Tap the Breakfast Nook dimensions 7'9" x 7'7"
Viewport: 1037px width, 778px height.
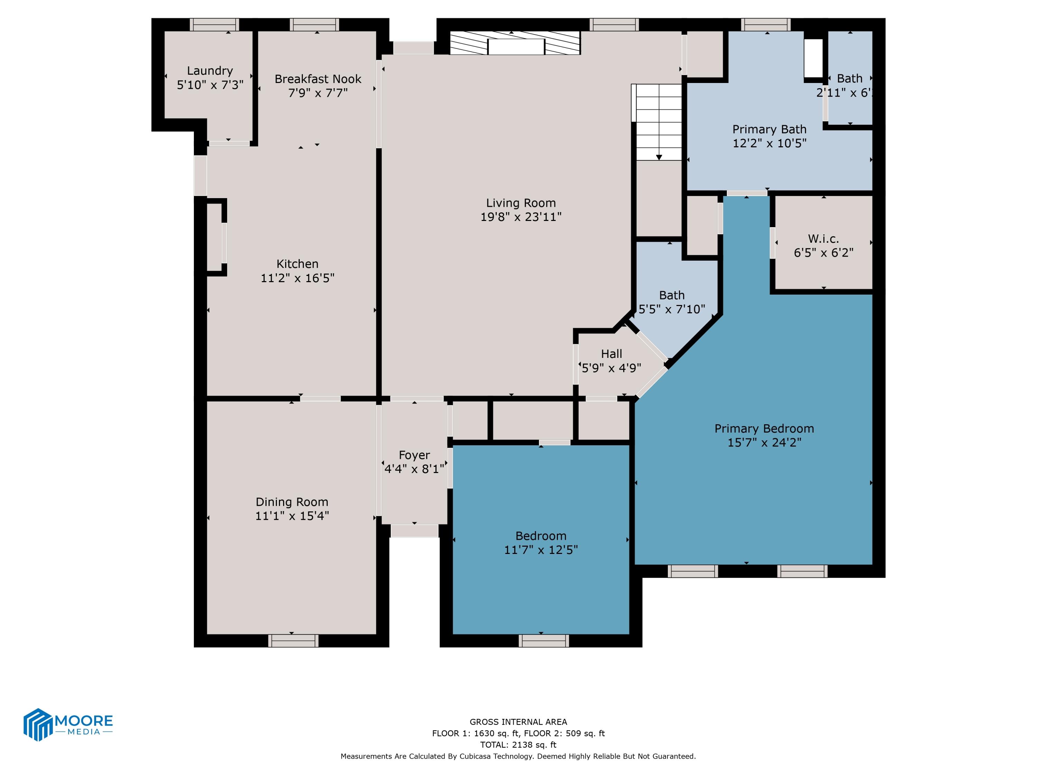318,93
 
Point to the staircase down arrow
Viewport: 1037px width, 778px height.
659,157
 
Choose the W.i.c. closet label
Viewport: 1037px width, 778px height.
823,239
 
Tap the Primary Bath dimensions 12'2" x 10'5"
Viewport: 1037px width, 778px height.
769,143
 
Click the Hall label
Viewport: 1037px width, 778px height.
611,354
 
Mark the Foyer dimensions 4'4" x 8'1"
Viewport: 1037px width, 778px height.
414,469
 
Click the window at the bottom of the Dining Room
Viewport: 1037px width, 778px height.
293,641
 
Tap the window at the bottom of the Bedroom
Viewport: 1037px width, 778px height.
543,641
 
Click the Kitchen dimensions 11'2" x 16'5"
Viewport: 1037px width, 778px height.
297,278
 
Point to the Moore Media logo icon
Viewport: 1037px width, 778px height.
37,724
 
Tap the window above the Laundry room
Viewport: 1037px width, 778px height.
214,25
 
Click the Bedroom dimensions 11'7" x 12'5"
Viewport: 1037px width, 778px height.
541,550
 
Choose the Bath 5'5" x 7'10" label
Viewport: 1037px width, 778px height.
671,295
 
